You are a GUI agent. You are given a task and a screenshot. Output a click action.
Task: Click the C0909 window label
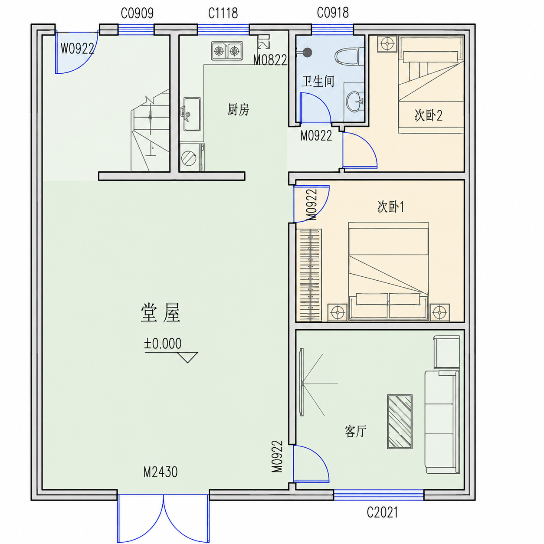137,13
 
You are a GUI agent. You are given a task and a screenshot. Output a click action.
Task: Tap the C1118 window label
223,13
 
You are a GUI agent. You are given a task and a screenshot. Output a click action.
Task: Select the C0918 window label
333,13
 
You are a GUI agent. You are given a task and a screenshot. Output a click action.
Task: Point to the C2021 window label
382,512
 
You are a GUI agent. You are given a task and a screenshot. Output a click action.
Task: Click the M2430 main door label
161,472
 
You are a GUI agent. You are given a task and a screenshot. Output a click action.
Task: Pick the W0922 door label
77,49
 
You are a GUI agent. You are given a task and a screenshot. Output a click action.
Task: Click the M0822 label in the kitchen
270,60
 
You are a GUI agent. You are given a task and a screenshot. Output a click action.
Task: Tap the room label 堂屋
161,313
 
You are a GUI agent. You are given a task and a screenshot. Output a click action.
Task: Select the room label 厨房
238,109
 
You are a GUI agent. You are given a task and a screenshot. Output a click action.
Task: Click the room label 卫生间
318,81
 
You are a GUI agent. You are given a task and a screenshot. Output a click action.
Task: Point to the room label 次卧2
428,115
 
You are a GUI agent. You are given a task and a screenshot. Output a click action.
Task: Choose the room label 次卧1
391,206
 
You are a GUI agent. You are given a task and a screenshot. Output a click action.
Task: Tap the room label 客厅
355,439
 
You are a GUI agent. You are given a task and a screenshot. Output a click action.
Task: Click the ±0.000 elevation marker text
163,344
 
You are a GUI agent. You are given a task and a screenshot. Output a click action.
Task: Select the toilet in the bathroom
349,57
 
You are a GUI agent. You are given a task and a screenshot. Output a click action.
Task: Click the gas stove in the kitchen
227,51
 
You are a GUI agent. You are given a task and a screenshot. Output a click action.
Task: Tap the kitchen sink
192,115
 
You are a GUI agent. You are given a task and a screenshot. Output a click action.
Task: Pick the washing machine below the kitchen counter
192,157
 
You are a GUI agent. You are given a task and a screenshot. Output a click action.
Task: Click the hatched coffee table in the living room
400,422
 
